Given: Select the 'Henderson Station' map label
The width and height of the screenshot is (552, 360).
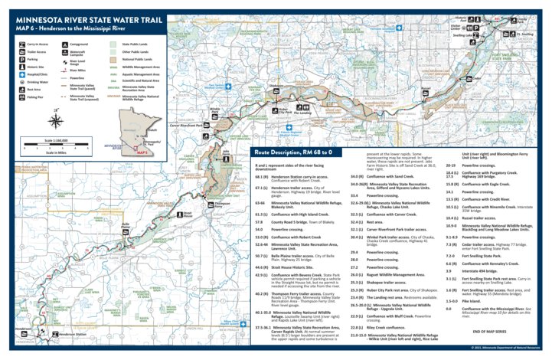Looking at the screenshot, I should pyautogui.click(x=73, y=334).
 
